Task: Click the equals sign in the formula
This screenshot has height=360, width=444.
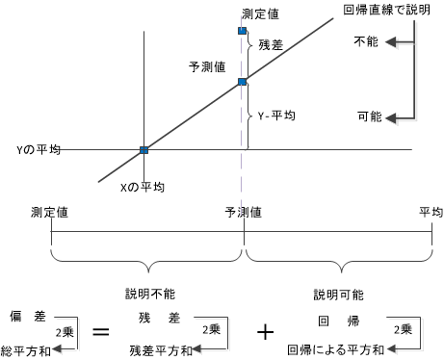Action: (x=98, y=332)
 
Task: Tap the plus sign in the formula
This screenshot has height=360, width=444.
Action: (x=267, y=332)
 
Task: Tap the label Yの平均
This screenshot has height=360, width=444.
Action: (x=39, y=150)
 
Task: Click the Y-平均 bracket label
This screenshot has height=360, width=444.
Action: (x=276, y=115)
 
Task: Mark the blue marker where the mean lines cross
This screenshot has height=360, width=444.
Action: (x=144, y=150)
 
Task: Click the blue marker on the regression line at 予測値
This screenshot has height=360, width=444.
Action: (x=243, y=81)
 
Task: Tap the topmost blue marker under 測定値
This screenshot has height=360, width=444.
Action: (x=243, y=32)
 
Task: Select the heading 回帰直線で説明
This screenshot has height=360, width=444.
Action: (x=389, y=10)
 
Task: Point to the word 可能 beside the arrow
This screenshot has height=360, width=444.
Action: (x=369, y=116)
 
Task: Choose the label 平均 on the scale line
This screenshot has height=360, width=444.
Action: (x=430, y=212)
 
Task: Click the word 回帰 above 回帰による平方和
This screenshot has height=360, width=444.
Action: (x=330, y=316)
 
